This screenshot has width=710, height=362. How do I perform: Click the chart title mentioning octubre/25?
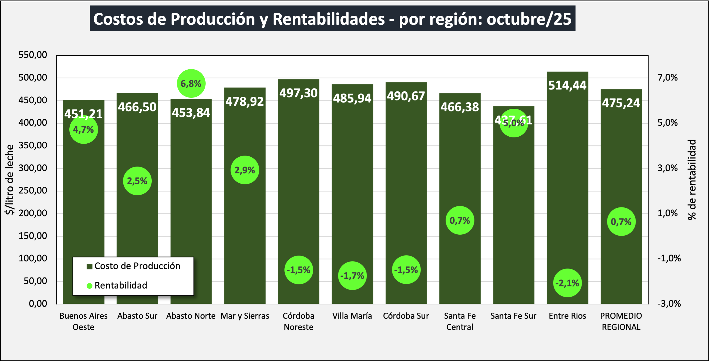click(x=332, y=19)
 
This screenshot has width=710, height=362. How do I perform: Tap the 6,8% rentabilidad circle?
click(x=191, y=83)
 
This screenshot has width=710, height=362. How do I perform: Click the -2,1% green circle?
click(x=567, y=283)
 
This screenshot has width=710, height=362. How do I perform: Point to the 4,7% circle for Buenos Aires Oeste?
click(x=84, y=129)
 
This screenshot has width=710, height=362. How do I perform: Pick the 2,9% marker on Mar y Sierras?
click(x=245, y=170)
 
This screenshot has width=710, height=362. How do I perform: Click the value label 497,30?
click(x=299, y=93)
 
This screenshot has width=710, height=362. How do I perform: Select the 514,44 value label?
click(x=567, y=86)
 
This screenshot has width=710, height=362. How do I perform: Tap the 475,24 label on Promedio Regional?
click(x=621, y=103)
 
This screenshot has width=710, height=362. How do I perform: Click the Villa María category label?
click(x=352, y=316)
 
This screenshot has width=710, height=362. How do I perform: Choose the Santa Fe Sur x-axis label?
click(x=513, y=316)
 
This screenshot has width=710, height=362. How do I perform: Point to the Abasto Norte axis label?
click(x=191, y=316)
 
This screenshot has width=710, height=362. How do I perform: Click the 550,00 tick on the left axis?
click(x=33, y=55)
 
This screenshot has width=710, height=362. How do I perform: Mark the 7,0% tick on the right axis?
click(x=668, y=78)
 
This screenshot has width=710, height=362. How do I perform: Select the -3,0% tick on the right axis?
click(x=669, y=304)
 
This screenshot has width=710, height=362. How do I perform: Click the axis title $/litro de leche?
click(x=9, y=180)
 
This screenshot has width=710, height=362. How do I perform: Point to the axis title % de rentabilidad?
click(x=692, y=180)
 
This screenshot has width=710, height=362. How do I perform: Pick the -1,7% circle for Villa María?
click(x=352, y=275)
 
